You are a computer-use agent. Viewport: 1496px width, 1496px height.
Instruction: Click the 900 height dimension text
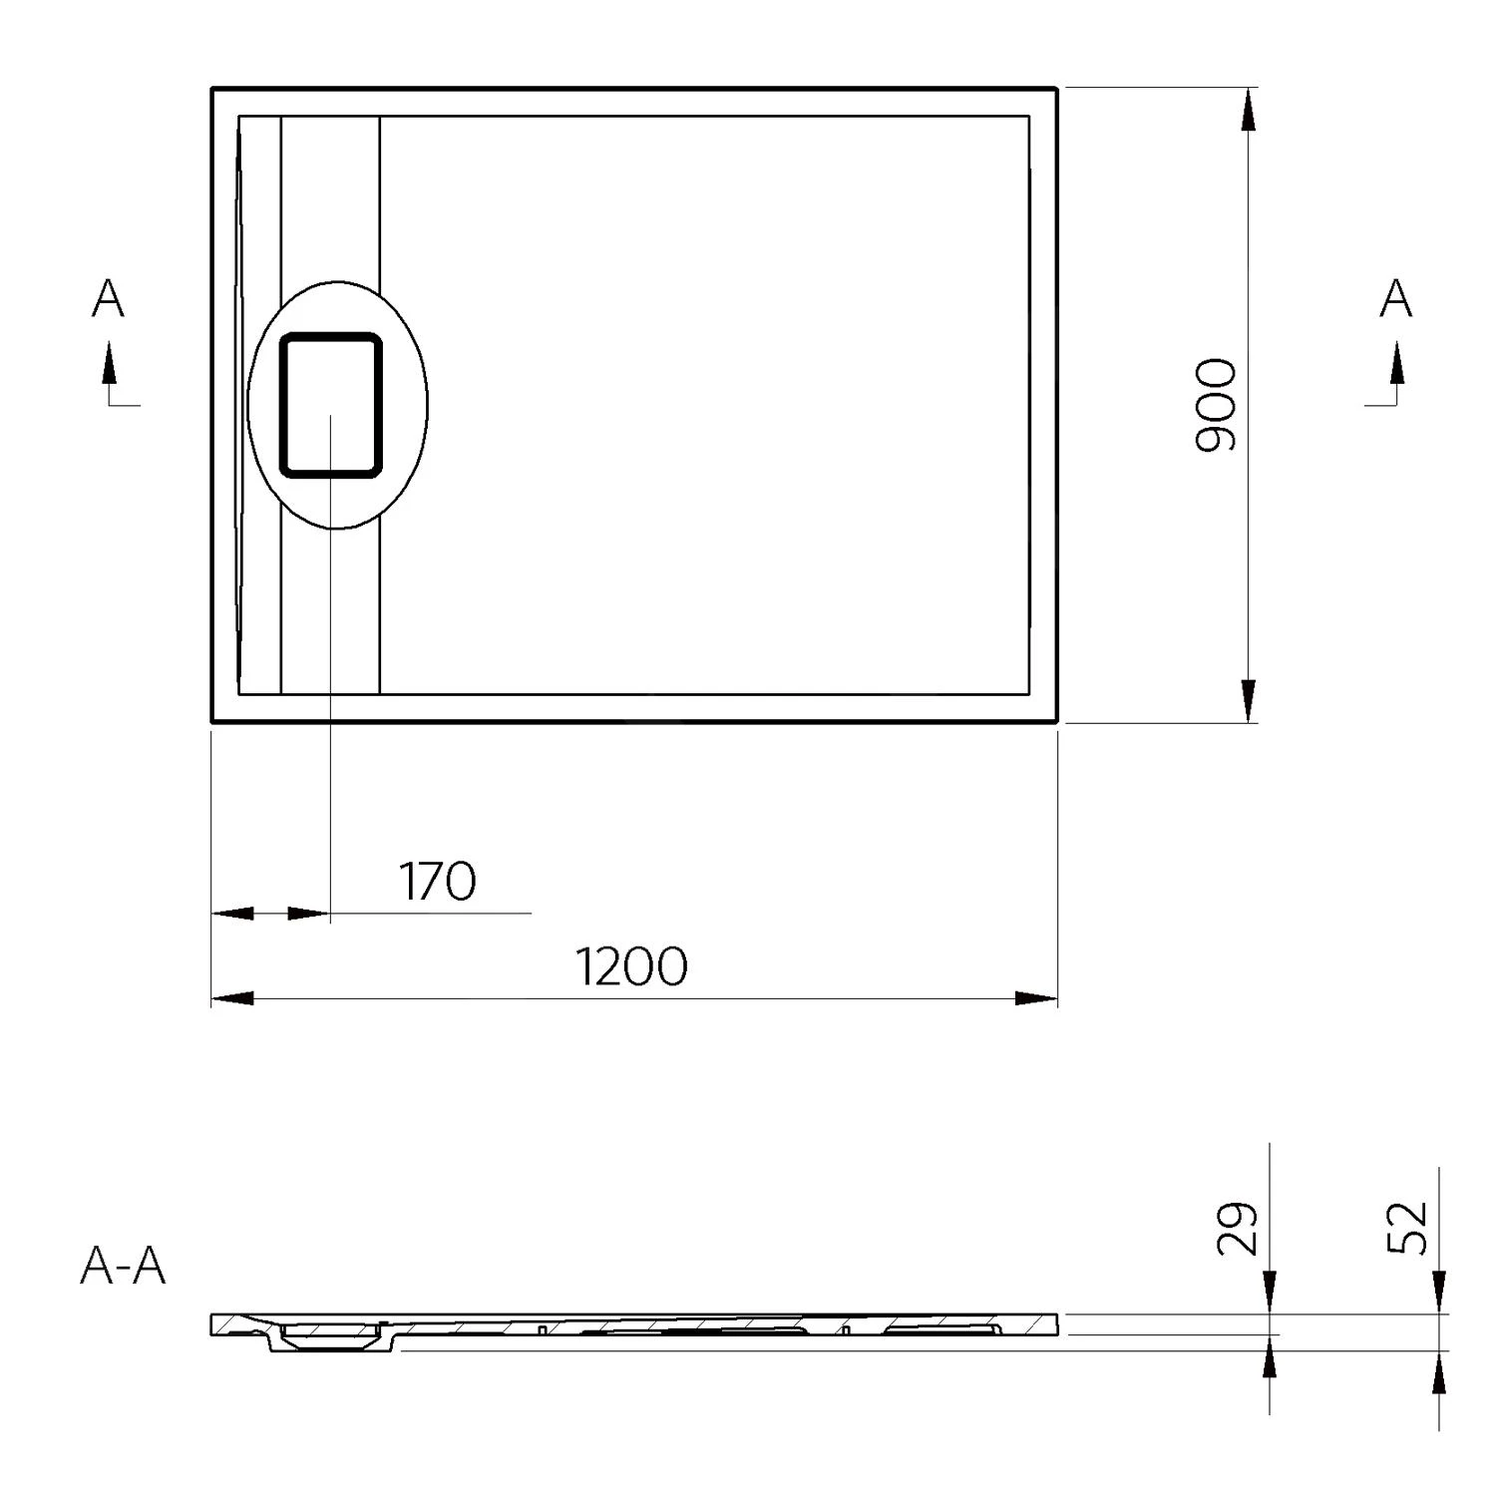[1216, 405]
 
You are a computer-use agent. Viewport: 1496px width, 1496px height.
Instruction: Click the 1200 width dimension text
[632, 966]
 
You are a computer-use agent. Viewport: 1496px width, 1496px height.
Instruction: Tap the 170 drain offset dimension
[438, 882]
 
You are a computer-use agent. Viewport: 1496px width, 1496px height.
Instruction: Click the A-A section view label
[123, 1267]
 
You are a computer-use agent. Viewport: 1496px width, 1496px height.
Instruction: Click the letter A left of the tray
[108, 298]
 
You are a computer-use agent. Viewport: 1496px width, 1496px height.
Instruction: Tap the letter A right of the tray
[1395, 298]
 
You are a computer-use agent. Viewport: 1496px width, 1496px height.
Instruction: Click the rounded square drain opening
[330, 405]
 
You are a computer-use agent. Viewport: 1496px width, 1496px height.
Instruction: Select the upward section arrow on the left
[109, 365]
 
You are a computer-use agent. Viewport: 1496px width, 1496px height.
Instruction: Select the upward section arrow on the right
[1396, 365]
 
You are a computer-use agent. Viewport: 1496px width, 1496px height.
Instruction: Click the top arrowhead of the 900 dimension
[1248, 110]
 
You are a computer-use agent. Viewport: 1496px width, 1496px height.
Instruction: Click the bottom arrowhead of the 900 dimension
[1248, 700]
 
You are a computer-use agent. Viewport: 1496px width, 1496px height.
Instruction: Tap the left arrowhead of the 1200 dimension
[233, 998]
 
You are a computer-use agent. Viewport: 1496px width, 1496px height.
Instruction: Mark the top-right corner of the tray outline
[1055, 90]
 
